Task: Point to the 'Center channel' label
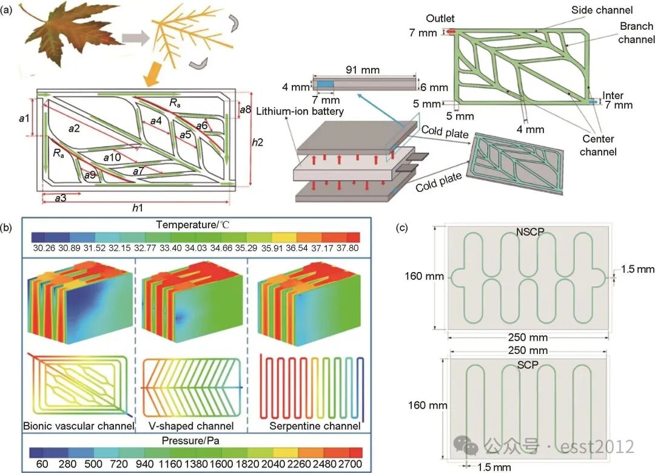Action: click(x=598, y=146)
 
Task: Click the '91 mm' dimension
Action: click(x=362, y=70)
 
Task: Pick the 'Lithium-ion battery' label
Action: click(x=300, y=111)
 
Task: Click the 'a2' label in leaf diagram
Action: click(x=75, y=128)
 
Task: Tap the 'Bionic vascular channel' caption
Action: click(x=78, y=426)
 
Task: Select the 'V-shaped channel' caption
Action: click(x=191, y=426)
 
